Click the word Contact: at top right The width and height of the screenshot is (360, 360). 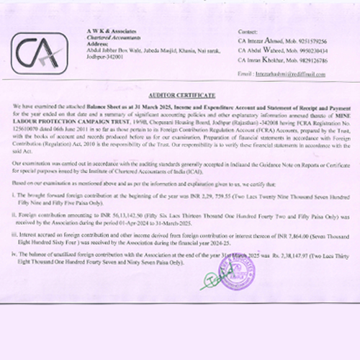point(246,32)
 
